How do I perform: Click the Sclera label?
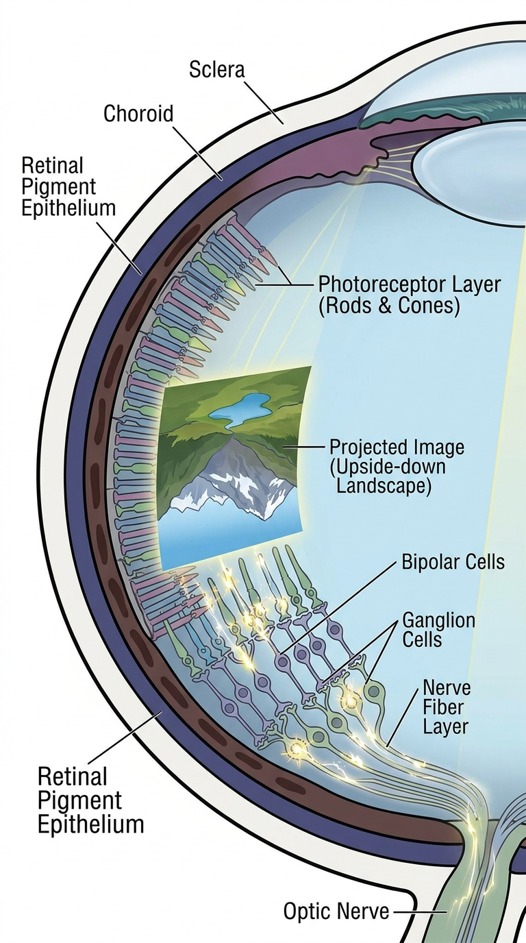coord(216,69)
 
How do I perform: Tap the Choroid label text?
coord(138,114)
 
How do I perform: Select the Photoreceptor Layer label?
coord(410,295)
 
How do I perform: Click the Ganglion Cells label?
coord(438,630)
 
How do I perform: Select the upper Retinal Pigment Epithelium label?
coord(68,187)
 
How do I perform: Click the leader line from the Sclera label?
coord(264,102)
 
